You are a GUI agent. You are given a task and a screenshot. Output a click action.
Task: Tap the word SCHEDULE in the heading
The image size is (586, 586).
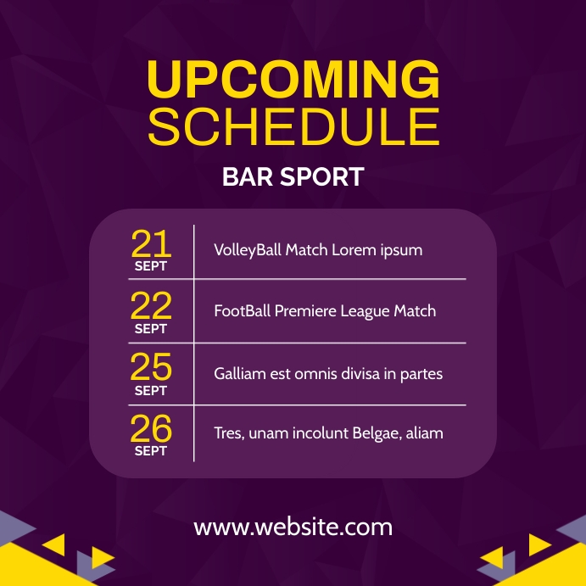click(x=293, y=127)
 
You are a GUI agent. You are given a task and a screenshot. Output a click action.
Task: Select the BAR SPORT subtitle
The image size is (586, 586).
click(x=293, y=177)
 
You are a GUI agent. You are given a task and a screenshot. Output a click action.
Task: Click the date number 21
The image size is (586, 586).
click(x=151, y=244)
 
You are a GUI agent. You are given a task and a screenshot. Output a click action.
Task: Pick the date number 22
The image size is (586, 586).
click(x=151, y=305)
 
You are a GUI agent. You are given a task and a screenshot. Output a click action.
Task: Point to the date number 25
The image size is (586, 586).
click(x=151, y=367)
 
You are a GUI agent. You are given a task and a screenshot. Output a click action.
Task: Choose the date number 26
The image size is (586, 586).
click(x=151, y=428)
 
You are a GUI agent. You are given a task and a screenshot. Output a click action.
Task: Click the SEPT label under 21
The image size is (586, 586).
click(x=151, y=266)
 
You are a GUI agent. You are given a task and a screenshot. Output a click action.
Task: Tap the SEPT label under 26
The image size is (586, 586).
click(x=151, y=451)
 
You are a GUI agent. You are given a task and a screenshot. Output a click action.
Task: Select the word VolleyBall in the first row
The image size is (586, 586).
click(x=247, y=250)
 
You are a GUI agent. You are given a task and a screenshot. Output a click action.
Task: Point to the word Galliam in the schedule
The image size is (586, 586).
click(x=241, y=373)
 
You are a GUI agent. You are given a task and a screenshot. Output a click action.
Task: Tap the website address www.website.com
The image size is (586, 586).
click(x=293, y=527)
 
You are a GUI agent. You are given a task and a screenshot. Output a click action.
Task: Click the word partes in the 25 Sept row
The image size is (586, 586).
click(x=420, y=374)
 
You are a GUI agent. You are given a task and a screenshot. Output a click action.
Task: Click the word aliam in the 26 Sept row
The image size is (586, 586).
click(x=425, y=433)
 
